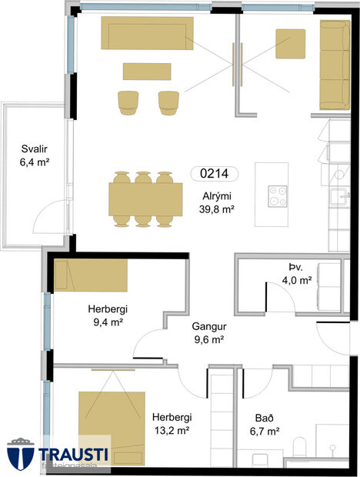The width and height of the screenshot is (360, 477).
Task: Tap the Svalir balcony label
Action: click(x=34, y=151)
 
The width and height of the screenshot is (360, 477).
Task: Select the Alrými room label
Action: click(x=212, y=195)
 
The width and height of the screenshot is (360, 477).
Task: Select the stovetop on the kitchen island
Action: click(x=276, y=195)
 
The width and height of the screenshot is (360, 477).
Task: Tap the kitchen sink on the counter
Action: click(x=335, y=198)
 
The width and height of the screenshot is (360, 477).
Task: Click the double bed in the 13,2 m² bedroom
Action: click(x=112, y=419)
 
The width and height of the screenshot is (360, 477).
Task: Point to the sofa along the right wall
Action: click(x=333, y=65)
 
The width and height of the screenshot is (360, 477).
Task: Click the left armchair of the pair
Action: click(x=128, y=102)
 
